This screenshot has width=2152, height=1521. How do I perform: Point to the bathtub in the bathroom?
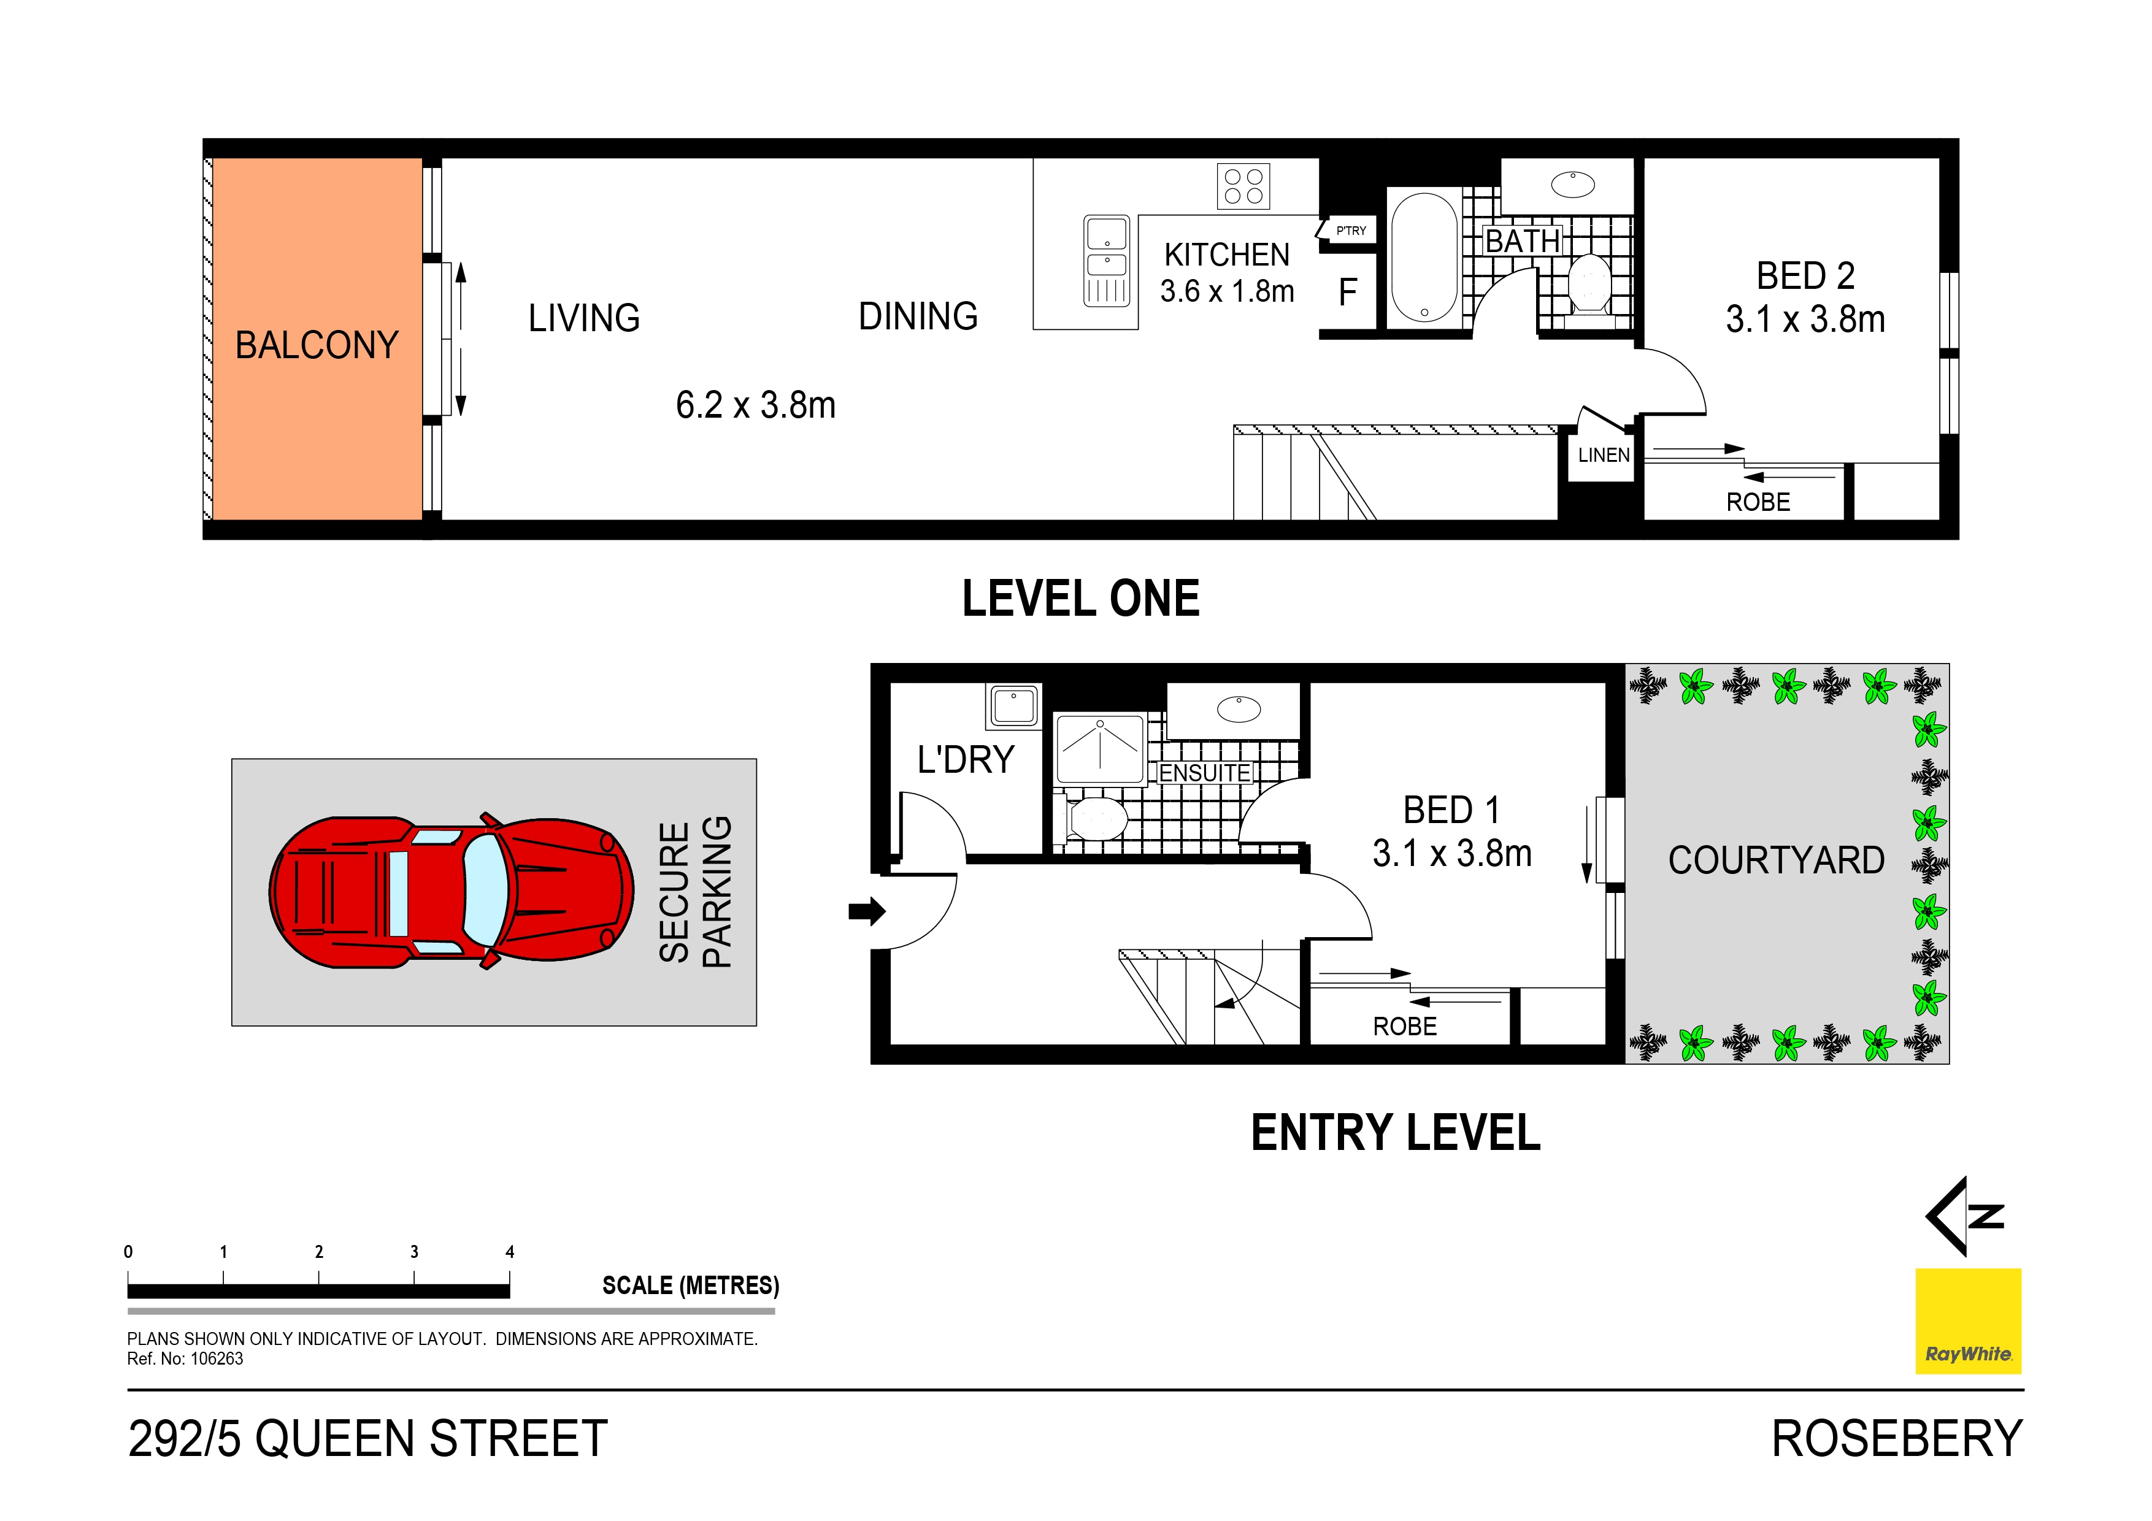click(1424, 258)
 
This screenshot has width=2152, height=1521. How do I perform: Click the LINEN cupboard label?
click(1603, 456)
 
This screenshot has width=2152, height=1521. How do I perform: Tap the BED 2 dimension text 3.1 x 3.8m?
click(1804, 320)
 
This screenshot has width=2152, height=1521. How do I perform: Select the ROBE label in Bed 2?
click(1758, 502)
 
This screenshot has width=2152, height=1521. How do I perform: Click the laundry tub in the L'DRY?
click(1013, 706)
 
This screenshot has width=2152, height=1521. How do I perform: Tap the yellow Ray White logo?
click(1967, 1320)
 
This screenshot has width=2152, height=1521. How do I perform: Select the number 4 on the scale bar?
click(510, 1252)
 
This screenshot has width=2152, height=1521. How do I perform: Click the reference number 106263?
click(217, 1359)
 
